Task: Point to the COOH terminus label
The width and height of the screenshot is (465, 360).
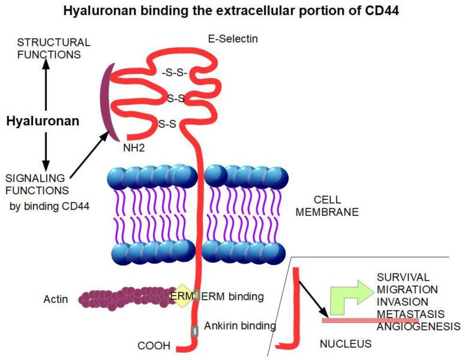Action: [154, 346]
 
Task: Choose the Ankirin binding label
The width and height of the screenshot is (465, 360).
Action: [239, 326]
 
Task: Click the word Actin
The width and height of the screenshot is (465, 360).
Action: [56, 299]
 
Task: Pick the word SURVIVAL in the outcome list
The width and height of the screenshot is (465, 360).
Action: [403, 277]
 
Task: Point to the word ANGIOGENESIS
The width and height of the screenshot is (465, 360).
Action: [419, 327]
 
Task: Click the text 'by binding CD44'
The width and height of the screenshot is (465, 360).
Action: [46, 207]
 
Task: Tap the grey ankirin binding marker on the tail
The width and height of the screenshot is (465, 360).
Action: [194, 331]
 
